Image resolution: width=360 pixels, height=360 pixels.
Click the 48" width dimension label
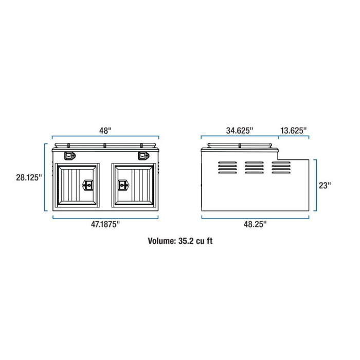pos(105,131)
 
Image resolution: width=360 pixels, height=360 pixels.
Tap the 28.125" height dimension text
pos(29,177)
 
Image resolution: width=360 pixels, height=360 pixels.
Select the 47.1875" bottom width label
pos(105,224)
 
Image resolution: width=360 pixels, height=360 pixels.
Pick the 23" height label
pos(325,185)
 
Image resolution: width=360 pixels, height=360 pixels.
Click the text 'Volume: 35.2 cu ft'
pos(179,241)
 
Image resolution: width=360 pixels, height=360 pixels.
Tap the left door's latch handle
pos(87,185)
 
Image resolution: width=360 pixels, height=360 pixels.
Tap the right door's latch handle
pos(123,185)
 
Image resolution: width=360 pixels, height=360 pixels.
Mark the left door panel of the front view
pos(77,185)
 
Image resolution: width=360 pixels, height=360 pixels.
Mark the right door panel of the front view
pos(134,185)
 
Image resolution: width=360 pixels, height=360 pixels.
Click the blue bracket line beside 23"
pos(315,185)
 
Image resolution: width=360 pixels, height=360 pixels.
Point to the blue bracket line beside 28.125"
pos(46,177)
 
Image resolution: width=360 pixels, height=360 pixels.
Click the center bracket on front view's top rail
pos(105,146)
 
